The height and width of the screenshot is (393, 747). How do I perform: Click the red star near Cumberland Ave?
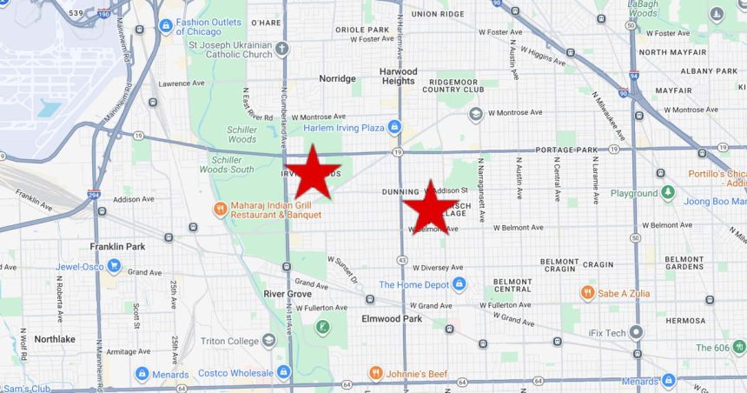point(312,172)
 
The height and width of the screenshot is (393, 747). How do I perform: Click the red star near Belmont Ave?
point(430,208)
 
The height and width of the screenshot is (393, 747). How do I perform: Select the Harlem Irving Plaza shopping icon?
point(394,128)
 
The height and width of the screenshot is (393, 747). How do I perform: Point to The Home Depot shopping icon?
point(459,284)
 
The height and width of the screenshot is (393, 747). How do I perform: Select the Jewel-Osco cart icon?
point(114,266)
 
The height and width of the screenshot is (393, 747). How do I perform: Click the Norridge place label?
point(337,78)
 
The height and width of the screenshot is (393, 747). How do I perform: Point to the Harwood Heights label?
point(398,77)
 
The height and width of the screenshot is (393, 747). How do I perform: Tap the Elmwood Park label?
point(392,319)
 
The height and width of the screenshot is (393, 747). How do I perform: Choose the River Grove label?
point(288,294)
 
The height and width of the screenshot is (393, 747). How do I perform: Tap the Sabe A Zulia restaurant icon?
point(587,293)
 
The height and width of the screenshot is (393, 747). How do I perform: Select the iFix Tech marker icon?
point(637,332)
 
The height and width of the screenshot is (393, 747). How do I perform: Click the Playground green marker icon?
point(667,193)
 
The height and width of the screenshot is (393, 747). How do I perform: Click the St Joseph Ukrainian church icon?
point(281,48)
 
